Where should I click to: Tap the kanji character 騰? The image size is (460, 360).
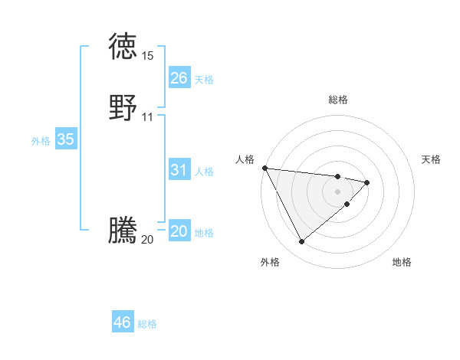tap(123, 231)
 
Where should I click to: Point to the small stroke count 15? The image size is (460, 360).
tap(147, 56)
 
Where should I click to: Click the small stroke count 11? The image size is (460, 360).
tap(147, 117)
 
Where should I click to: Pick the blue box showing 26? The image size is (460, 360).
tap(179, 78)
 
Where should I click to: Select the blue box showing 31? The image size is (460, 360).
tap(179, 170)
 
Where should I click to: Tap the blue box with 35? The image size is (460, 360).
tap(66, 139)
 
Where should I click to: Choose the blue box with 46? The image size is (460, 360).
tap(123, 322)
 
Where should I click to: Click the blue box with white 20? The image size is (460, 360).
tap(179, 231)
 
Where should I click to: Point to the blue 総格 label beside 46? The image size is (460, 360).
tap(147, 324)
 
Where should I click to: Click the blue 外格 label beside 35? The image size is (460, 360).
tap(41, 141)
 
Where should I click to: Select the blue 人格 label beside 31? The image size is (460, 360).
tap(204, 172)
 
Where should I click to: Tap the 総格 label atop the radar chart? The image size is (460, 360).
tap(337, 100)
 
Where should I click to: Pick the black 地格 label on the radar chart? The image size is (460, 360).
tap(402, 262)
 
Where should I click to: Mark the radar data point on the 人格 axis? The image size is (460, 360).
tap(264, 168)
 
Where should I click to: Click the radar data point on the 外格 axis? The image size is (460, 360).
tap(301, 242)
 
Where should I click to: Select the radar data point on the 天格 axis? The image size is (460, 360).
tap(367, 182)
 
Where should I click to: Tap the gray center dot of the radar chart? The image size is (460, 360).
tap(337, 191)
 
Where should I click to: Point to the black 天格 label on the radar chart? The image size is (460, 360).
tap(432, 159)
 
